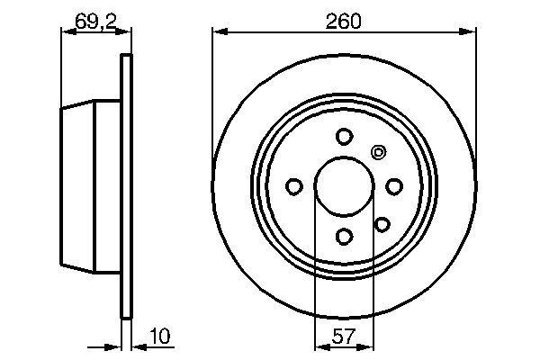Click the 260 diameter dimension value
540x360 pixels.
[x=344, y=19]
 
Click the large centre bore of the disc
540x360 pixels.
[x=344, y=186]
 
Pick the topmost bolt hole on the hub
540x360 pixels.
[x=344, y=137]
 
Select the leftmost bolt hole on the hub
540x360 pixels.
[x=294, y=186]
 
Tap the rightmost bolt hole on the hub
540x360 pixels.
[x=393, y=186]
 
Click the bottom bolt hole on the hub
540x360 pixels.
[x=344, y=236]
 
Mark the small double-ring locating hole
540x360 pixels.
[x=378, y=152]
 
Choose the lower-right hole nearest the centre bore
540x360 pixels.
[x=382, y=224]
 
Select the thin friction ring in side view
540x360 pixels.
[x=126, y=186]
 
